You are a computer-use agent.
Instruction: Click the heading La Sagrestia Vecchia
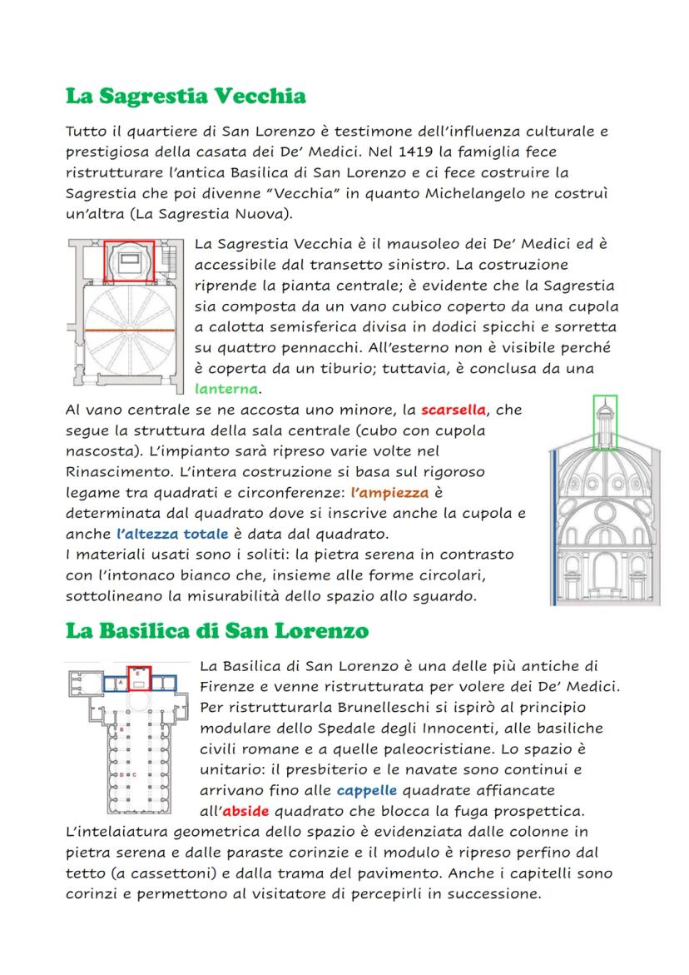click(186, 97)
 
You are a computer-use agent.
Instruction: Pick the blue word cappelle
click(367, 789)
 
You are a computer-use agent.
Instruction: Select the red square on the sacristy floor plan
click(129, 261)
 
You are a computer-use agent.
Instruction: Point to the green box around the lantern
click(605, 421)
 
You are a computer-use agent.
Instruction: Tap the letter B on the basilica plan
click(122, 729)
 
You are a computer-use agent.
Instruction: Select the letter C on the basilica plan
click(134, 775)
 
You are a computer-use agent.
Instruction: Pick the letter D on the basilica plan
click(122, 775)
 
